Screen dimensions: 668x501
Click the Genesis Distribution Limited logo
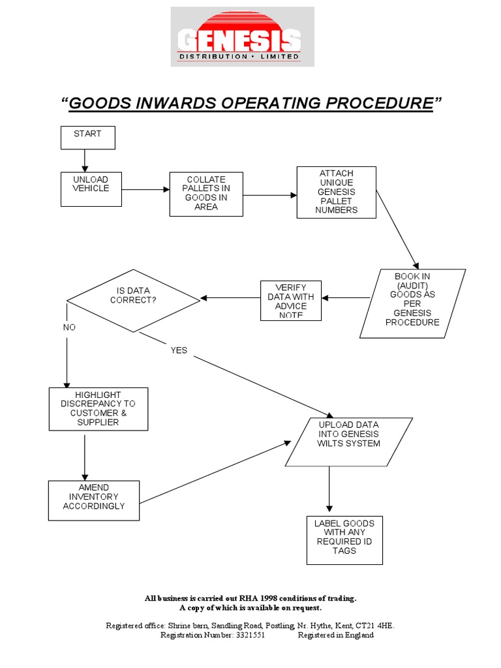click(x=242, y=37)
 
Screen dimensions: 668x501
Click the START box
click(x=87, y=137)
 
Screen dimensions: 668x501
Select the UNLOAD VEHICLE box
click(x=91, y=189)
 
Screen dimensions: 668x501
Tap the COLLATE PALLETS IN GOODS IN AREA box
click(x=206, y=194)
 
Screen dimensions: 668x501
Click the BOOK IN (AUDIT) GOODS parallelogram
click(x=412, y=303)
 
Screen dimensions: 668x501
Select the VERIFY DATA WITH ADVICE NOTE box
click(x=290, y=301)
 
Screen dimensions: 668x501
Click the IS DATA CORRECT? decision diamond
click(x=133, y=299)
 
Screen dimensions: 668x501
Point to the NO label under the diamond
click(x=69, y=327)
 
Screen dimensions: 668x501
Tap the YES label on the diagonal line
click(x=179, y=350)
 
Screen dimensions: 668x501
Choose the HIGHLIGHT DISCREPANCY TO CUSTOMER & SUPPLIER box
click(x=99, y=409)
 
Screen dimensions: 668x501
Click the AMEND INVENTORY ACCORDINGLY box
click(x=94, y=500)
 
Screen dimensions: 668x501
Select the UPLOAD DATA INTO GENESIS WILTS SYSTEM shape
click(x=348, y=442)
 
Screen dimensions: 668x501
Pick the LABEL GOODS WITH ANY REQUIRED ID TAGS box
click(x=344, y=540)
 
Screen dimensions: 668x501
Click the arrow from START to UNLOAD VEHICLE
click(x=85, y=160)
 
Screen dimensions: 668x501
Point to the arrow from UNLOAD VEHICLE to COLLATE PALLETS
click(x=145, y=190)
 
